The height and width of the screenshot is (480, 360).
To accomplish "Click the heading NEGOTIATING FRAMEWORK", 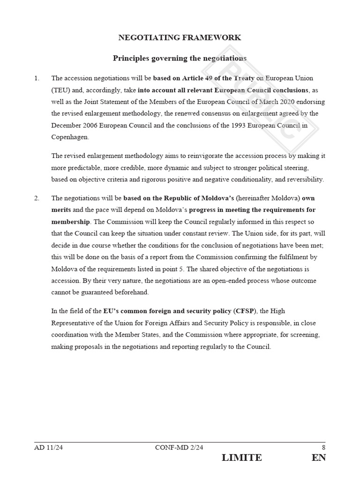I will coord(180,37).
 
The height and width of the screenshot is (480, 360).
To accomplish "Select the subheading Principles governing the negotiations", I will coord(180,58).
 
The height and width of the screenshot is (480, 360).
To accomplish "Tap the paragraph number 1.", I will coord(37,78).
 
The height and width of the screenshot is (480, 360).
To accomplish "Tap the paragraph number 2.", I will coord(37,198).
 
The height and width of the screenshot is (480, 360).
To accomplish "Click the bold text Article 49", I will coord(194,78).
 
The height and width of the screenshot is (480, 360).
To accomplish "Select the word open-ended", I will coord(218,281).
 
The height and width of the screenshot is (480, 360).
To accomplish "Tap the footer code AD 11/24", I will coord(49,447).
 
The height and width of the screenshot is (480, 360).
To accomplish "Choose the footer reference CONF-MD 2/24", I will coord(179,447).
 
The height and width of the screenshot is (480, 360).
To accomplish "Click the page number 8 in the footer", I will coord(323,447).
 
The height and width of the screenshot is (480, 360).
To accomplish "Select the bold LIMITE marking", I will coord(242,458).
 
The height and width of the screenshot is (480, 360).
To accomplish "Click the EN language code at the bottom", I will coord(318,458).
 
